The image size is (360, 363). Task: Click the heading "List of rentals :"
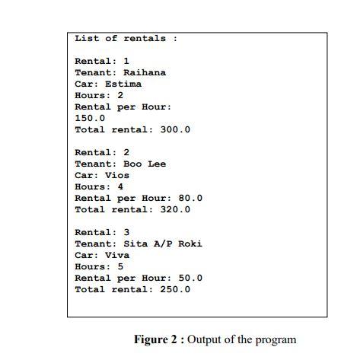click(x=126, y=38)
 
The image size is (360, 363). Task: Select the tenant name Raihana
click(x=145, y=72)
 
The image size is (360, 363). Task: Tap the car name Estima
click(x=123, y=84)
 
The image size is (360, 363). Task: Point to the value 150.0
click(x=90, y=118)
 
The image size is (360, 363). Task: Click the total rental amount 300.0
click(x=175, y=129)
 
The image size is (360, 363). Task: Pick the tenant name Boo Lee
click(x=145, y=164)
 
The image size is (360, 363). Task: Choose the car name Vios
click(x=117, y=175)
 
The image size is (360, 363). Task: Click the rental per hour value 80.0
click(x=190, y=198)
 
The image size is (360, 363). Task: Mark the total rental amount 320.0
click(x=175, y=209)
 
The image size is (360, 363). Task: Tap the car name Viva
click(x=117, y=255)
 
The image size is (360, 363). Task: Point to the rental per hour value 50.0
click(x=190, y=278)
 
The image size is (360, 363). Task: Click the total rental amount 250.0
click(x=175, y=289)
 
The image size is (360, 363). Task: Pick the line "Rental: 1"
click(x=102, y=61)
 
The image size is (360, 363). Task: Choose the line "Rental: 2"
click(x=102, y=152)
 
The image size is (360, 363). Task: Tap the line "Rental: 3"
click(x=102, y=232)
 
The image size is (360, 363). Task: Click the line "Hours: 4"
click(x=99, y=186)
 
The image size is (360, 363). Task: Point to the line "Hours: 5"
click(x=99, y=266)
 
